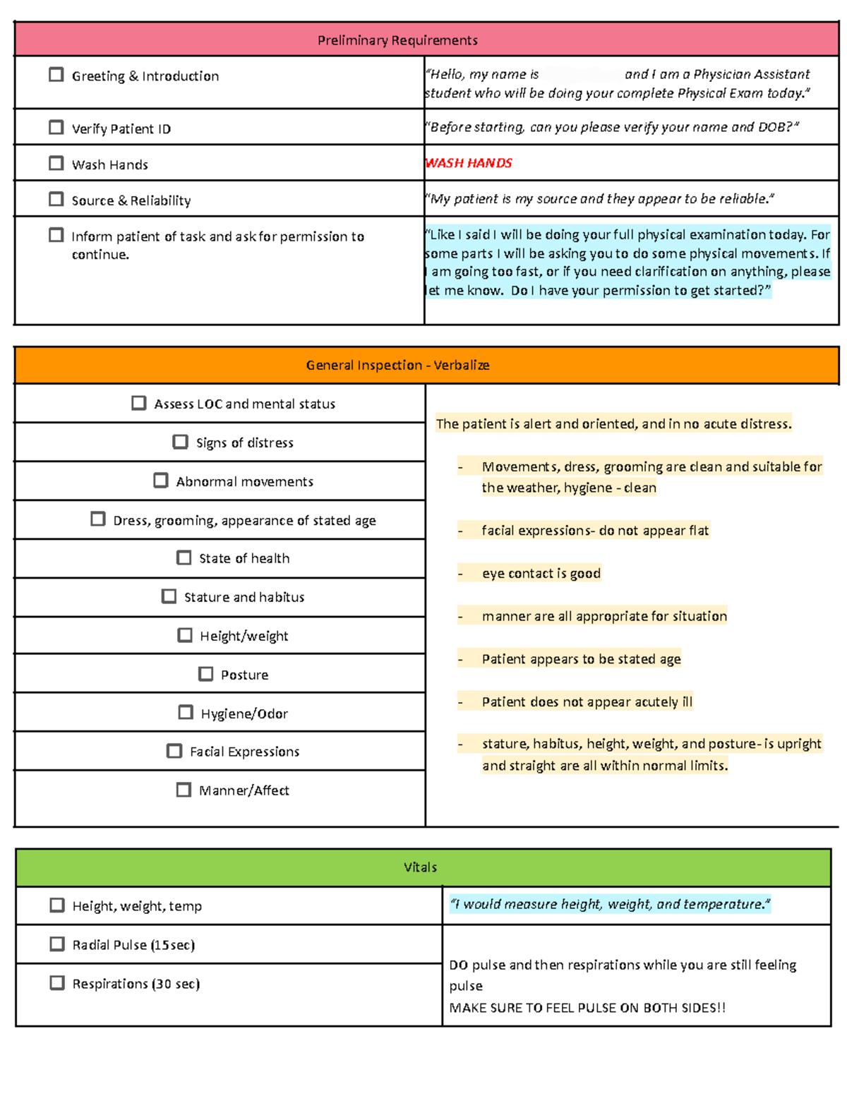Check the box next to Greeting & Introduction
pyautogui.click(x=56, y=75)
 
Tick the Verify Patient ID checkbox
pyautogui.click(x=56, y=128)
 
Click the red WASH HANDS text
pyautogui.click(x=469, y=163)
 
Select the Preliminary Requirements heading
pyautogui.click(x=397, y=40)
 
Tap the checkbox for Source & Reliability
pyautogui.click(x=56, y=200)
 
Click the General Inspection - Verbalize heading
pyautogui.click(x=397, y=365)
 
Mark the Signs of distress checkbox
pyautogui.click(x=181, y=442)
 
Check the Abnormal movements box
pyautogui.click(x=161, y=481)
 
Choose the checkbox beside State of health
pyautogui.click(x=184, y=558)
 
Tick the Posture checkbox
pyautogui.click(x=206, y=674)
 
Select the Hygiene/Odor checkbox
pyautogui.click(x=186, y=713)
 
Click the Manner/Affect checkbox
pyautogui.click(x=184, y=790)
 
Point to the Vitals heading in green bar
pyautogui.click(x=421, y=867)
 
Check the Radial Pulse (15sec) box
pyautogui.click(x=57, y=944)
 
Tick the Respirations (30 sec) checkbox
pyautogui.click(x=57, y=983)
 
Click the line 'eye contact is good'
pyautogui.click(x=541, y=574)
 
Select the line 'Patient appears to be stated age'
pyautogui.click(x=581, y=659)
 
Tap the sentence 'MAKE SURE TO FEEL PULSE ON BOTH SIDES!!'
pyautogui.click(x=587, y=1008)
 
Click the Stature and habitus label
pyautogui.click(x=244, y=597)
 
